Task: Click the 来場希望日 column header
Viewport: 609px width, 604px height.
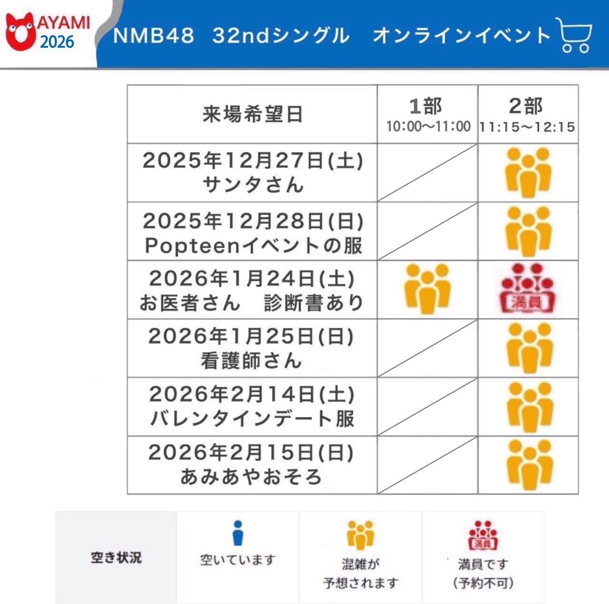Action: click(x=252, y=114)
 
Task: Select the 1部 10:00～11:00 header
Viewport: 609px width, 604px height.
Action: click(x=427, y=114)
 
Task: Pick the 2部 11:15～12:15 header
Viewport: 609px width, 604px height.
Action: click(x=527, y=114)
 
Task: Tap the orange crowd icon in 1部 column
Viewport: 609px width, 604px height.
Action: click(x=427, y=288)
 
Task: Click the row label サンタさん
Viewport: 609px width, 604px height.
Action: click(x=252, y=185)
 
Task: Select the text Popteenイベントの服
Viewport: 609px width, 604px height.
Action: click(x=253, y=245)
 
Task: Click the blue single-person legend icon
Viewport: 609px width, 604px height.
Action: click(x=238, y=534)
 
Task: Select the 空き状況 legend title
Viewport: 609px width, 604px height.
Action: click(x=116, y=558)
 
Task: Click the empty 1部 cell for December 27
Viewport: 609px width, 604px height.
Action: click(x=427, y=173)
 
